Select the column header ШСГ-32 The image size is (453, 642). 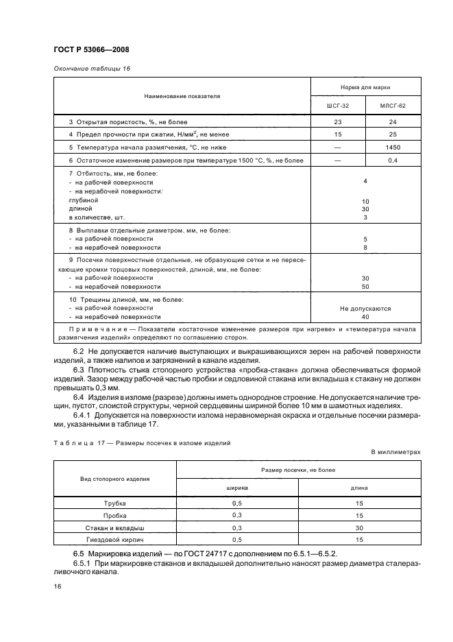(337, 106)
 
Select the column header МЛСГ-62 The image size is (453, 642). (393, 106)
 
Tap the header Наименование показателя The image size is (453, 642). (182, 96)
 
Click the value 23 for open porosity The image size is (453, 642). (337, 121)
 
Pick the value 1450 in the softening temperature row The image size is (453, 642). (393, 147)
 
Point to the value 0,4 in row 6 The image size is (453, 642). (393, 160)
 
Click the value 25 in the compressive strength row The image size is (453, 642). (393, 134)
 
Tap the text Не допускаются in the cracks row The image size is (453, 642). (365, 309)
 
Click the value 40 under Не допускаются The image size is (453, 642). (365, 317)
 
